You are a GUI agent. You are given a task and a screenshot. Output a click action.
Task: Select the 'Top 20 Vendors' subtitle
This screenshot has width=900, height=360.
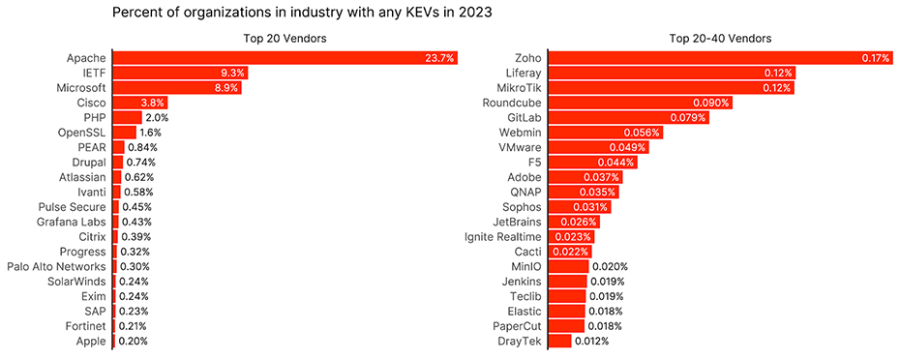[285, 39]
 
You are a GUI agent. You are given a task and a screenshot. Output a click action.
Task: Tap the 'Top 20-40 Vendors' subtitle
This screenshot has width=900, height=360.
[720, 39]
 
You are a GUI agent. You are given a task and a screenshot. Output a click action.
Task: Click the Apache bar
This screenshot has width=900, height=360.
[285, 58]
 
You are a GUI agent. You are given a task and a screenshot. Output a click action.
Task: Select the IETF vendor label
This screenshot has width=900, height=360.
[92, 73]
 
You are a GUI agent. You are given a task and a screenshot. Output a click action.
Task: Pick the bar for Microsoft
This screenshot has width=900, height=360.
[177, 88]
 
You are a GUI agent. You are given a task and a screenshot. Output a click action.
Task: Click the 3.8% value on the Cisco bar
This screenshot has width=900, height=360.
[153, 103]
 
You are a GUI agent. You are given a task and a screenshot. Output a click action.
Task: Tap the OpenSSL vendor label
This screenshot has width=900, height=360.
[81, 133]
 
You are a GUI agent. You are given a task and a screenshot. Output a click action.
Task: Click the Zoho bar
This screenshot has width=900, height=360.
[721, 58]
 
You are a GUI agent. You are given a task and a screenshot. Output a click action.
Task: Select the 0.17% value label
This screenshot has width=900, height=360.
[875, 58]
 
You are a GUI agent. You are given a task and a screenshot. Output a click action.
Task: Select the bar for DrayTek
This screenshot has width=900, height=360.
[560, 341]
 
